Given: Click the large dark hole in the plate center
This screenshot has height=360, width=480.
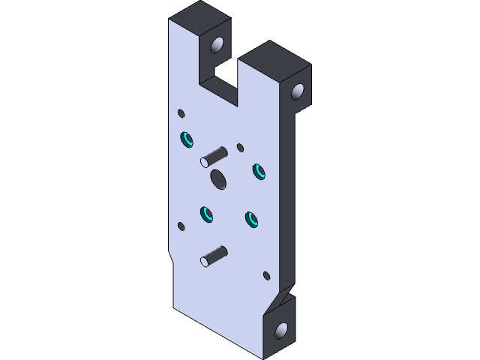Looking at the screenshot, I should pyautogui.click(x=219, y=178).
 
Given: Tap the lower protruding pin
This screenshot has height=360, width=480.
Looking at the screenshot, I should pyautogui.click(x=214, y=256).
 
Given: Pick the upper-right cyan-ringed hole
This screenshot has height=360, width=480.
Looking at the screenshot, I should pyautogui.click(x=259, y=171).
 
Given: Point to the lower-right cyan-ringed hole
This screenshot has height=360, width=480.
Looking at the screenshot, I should pyautogui.click(x=250, y=219).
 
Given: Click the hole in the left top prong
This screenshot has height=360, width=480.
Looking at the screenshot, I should pyautogui.click(x=218, y=46).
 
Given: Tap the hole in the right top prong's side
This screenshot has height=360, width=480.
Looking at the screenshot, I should pyautogui.click(x=297, y=91).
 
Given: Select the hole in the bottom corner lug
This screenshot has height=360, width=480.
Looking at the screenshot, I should pyautogui.click(x=281, y=329).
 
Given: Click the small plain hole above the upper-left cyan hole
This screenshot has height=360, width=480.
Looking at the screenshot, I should pyautogui.click(x=181, y=113).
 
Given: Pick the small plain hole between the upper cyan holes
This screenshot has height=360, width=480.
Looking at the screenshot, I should pyautogui.click(x=240, y=147).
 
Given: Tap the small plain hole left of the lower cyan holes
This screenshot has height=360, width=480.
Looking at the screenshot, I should pyautogui.click(x=181, y=226).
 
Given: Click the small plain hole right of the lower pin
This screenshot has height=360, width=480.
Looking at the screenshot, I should pyautogui.click(x=266, y=275).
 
